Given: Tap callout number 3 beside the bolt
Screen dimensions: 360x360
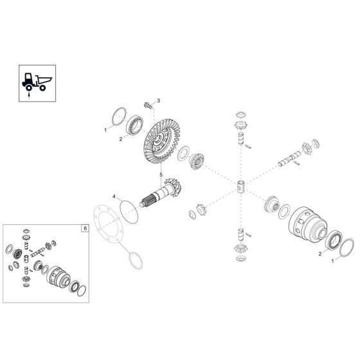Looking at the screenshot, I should (x=159, y=102).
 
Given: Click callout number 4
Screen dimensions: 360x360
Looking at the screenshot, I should (x=113, y=197).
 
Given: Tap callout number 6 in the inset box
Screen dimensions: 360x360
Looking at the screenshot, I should (x=83, y=228).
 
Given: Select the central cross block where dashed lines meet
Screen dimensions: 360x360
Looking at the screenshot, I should (x=240, y=188).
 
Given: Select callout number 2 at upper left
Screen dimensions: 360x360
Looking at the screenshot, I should (x=120, y=138).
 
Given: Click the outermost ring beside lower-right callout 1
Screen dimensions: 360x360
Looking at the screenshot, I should (x=344, y=247).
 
